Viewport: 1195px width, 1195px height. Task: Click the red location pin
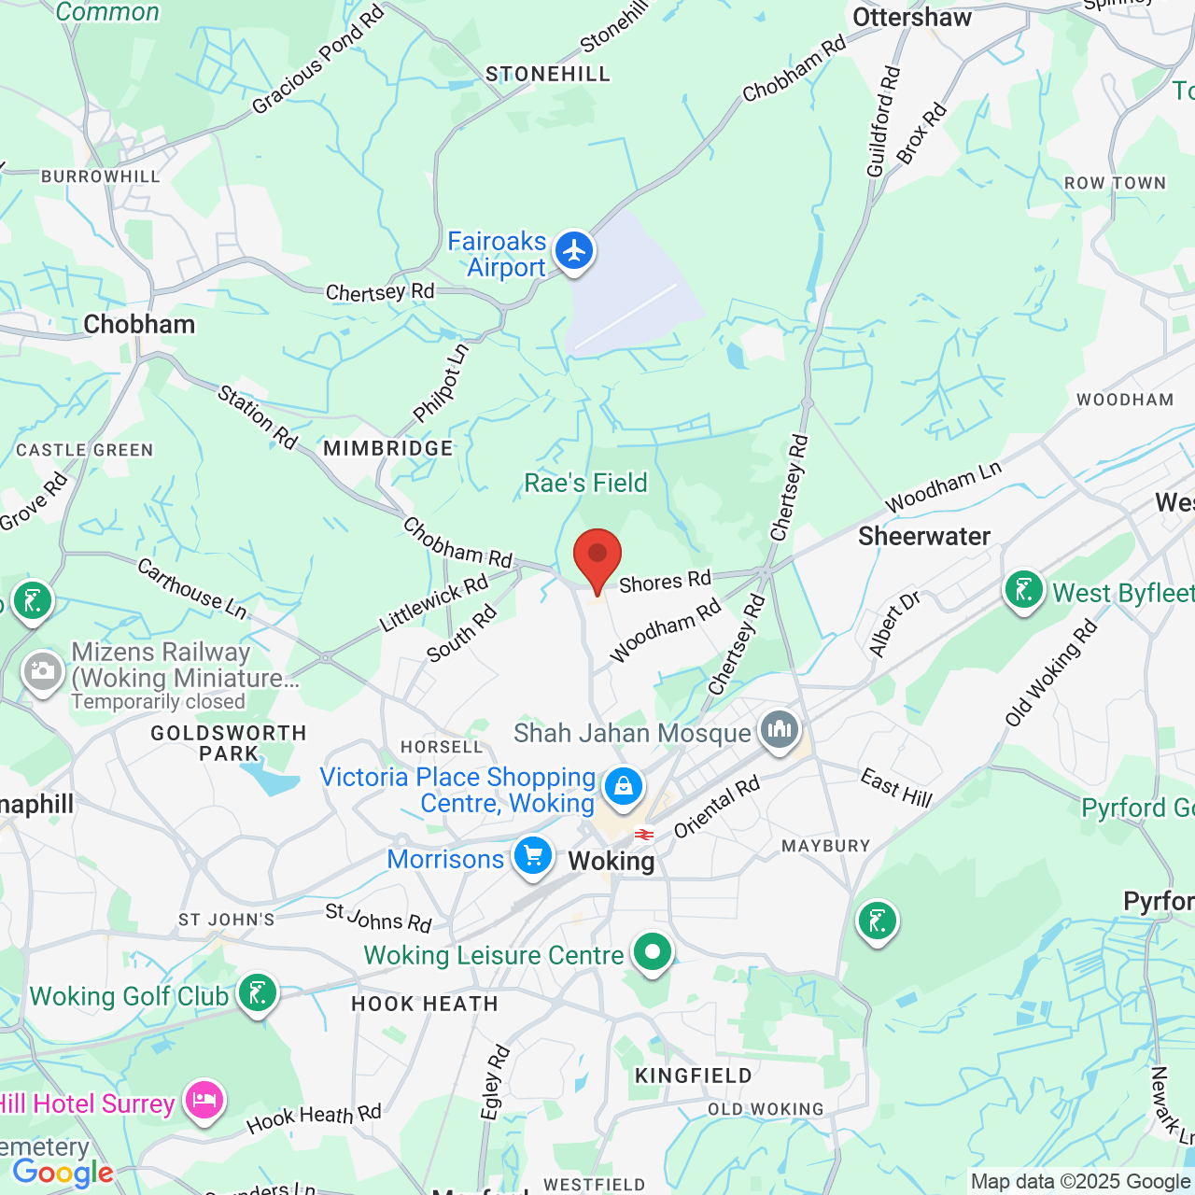[597, 557]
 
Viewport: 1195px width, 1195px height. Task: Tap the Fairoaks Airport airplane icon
[574, 251]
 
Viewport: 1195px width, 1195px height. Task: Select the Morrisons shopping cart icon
[533, 855]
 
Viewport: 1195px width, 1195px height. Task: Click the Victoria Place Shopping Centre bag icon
[623, 786]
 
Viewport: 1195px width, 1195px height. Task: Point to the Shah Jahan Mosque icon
[780, 729]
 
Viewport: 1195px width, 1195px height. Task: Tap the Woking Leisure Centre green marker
[653, 953]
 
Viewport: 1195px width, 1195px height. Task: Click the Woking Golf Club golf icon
[257, 993]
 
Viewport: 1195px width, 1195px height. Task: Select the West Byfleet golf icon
[1024, 590]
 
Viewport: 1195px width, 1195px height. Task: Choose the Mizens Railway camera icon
[42, 671]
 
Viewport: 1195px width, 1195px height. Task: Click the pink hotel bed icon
[204, 1101]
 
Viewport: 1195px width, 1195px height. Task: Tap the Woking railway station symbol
[643, 834]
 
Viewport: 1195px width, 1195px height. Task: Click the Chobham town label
[139, 324]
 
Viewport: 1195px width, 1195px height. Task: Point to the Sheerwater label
[923, 536]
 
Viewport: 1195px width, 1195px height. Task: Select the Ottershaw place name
[911, 18]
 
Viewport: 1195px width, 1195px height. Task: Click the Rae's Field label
[585, 483]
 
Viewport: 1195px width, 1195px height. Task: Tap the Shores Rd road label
[665, 582]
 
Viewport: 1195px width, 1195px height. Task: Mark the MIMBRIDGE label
[388, 448]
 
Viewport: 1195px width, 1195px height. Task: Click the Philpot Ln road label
[441, 383]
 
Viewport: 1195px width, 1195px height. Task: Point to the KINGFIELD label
[694, 1075]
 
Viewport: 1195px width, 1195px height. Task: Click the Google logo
[63, 1173]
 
